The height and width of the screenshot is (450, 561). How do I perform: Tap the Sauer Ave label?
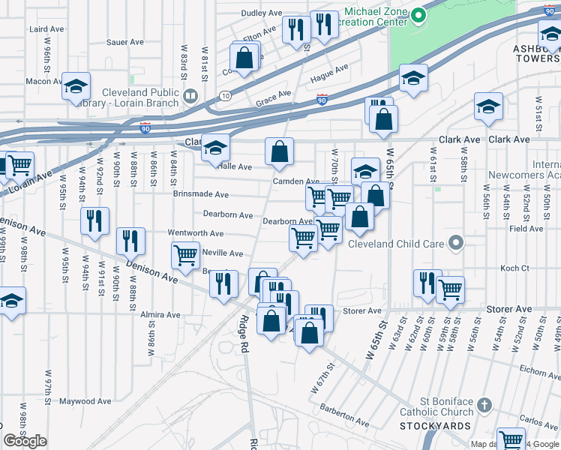tap(124, 43)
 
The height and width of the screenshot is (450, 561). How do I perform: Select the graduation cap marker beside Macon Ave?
tap(76, 87)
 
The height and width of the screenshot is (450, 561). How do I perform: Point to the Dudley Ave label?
tap(261, 13)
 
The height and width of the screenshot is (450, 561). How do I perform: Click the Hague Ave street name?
tap(330, 73)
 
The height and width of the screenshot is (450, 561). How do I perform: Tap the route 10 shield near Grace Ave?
tap(225, 95)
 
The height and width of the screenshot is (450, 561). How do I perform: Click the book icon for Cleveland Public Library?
tap(190, 96)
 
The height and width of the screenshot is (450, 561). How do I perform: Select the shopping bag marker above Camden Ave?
tap(279, 151)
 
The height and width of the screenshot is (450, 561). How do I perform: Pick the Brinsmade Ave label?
tap(200, 194)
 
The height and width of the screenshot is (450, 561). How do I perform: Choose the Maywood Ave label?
tap(85, 402)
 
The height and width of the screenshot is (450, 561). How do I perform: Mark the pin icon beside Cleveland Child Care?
tap(454, 242)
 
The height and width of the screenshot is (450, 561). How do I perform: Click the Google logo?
tap(25, 441)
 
